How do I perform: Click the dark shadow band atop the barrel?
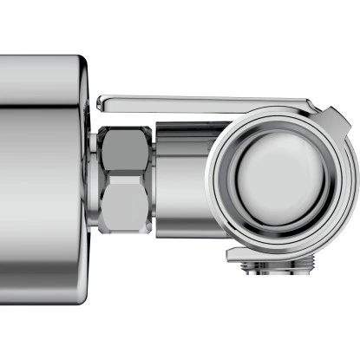tap(182, 127)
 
